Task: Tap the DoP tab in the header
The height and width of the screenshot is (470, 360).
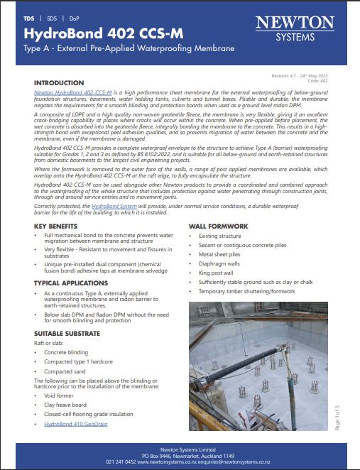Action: tap(73, 17)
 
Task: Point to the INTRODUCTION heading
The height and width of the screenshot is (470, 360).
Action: tap(59, 83)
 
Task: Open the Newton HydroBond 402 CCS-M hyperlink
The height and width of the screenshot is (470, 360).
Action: tap(73, 92)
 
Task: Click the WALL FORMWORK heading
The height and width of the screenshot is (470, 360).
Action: tap(217, 226)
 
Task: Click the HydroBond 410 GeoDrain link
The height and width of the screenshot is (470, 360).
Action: tap(77, 423)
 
